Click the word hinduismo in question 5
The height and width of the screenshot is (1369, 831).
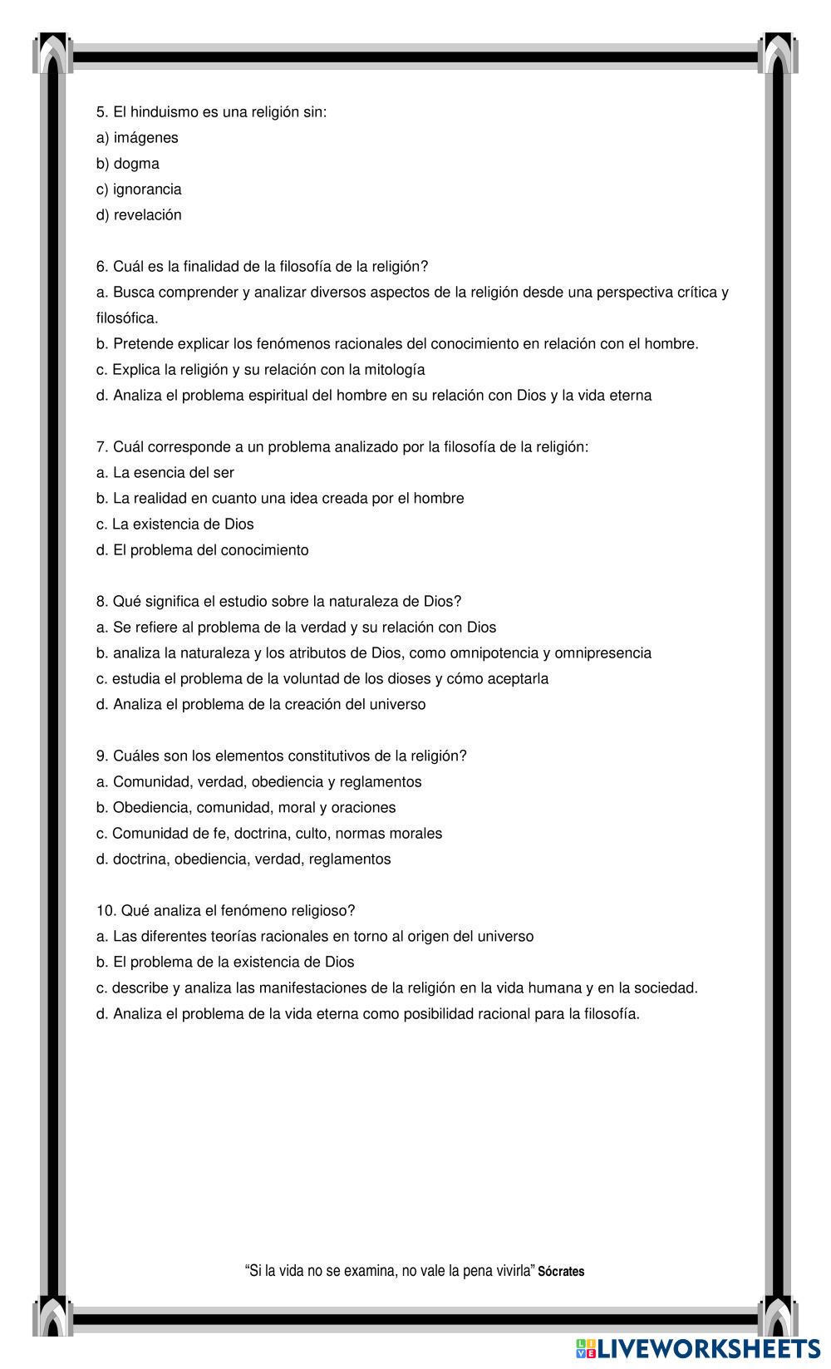pos(162,111)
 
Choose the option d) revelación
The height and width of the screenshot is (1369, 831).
pos(138,214)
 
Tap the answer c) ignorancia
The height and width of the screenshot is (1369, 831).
pos(138,189)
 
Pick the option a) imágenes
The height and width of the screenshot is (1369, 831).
pos(136,137)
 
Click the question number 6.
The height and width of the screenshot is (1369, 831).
pos(101,266)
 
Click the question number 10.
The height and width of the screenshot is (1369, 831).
pos(106,910)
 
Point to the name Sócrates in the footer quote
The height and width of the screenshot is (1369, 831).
pos(561,1271)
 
